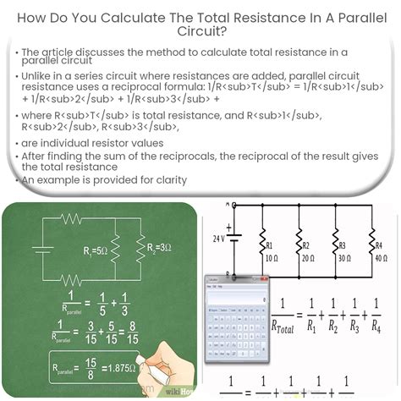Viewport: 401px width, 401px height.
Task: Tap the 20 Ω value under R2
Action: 307,255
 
